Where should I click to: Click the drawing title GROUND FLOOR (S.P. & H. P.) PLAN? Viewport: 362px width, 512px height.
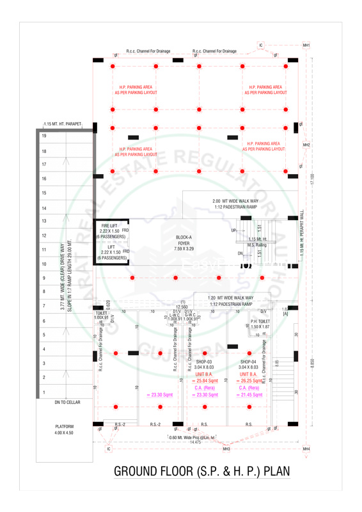201,472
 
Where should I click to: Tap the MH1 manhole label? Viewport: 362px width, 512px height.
306,45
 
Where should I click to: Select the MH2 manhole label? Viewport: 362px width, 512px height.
306,145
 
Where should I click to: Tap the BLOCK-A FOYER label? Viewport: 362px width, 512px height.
184,243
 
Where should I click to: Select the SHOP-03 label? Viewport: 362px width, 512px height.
204,362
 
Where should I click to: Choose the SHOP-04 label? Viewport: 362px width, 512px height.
248,362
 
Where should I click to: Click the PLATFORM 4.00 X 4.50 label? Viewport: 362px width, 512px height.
64,429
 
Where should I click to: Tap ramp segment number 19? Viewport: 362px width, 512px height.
44,136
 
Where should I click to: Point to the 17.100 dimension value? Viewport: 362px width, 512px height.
312,180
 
